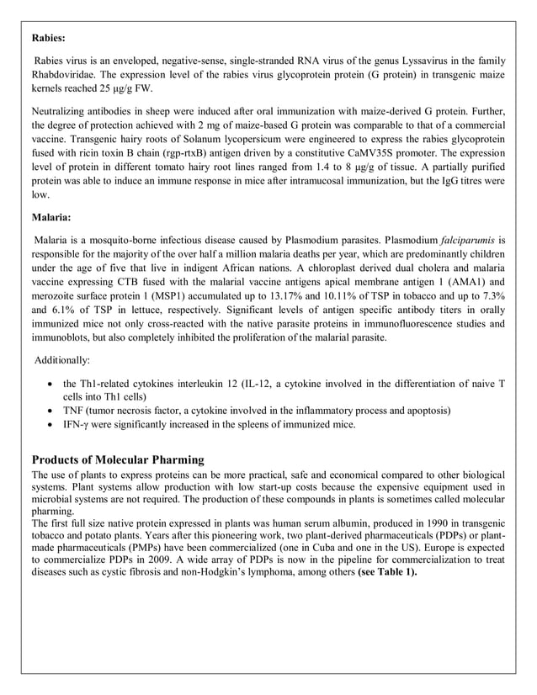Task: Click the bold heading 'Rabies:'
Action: click(50, 38)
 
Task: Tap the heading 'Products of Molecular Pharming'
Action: click(118, 459)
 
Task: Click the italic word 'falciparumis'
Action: click(467, 240)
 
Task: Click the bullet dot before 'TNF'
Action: click(54, 411)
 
